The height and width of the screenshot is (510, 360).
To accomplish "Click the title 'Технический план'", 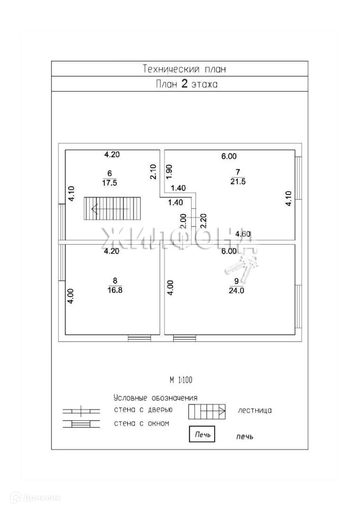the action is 184,69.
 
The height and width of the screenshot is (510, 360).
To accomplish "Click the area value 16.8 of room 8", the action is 115,290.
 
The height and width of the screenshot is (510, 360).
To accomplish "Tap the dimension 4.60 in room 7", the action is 243,233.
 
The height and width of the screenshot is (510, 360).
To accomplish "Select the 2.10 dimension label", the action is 153,171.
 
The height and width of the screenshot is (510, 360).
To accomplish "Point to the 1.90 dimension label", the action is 169,171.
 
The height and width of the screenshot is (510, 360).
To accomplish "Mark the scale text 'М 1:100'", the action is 181,379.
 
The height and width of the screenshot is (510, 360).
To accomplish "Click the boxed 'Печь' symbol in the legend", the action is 202,433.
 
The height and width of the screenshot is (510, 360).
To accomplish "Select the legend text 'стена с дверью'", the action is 143,409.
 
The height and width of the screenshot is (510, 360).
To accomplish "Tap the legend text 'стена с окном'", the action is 141,423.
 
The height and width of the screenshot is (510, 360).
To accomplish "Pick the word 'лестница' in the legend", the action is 255,410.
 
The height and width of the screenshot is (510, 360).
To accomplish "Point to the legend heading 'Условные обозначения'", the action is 155,398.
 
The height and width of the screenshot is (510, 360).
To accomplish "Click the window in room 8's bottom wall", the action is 140,338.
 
